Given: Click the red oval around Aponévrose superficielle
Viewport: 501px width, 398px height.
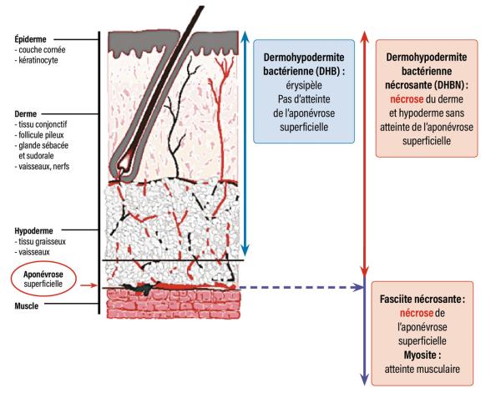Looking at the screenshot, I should (42, 279).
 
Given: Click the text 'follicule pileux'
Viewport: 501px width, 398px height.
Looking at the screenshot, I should (43, 133).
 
